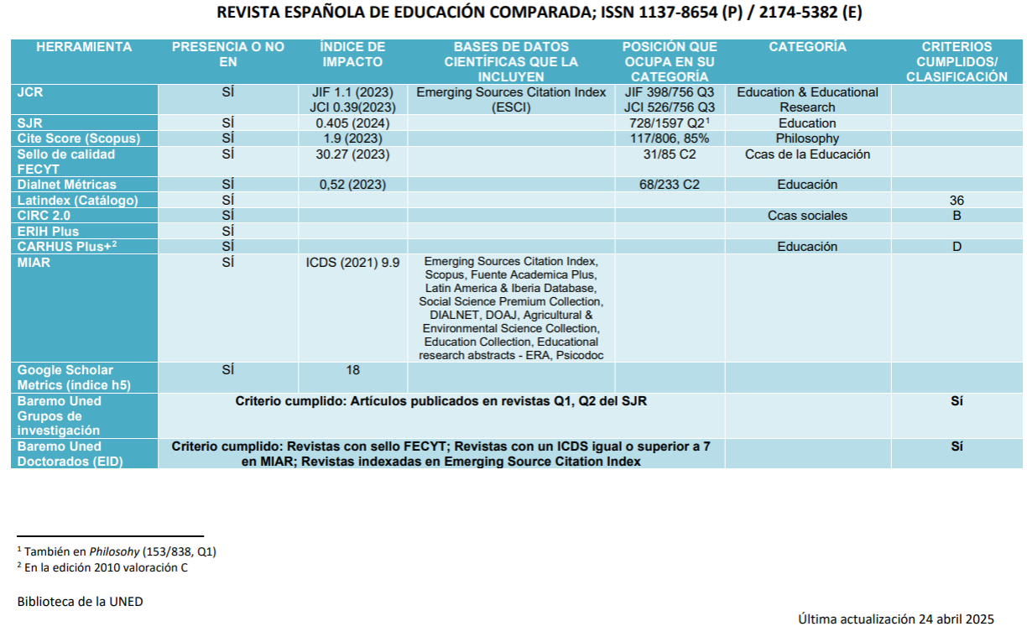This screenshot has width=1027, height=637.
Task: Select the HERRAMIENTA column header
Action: click(x=84, y=48)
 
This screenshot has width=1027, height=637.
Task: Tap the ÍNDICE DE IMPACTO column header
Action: click(x=352, y=55)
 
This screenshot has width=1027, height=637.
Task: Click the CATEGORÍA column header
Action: click(x=807, y=48)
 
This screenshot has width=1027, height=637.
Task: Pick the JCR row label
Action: click(x=31, y=92)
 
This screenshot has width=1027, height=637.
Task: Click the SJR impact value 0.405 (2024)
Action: click(x=352, y=123)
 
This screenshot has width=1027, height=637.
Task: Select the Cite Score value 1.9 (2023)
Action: click(x=352, y=138)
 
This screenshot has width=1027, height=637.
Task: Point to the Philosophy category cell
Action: click(x=807, y=138)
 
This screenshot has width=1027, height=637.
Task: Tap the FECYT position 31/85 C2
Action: click(x=669, y=154)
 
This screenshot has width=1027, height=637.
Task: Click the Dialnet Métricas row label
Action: click(x=67, y=185)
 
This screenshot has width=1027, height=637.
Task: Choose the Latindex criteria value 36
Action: click(x=957, y=201)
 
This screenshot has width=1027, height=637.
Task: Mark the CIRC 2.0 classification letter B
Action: click(x=957, y=216)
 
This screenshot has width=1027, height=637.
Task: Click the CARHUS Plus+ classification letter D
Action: click(x=957, y=247)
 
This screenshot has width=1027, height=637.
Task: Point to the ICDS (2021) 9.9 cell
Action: click(x=352, y=263)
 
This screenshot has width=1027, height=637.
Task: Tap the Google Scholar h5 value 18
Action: click(x=352, y=370)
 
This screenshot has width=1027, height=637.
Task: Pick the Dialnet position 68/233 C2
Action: click(x=669, y=185)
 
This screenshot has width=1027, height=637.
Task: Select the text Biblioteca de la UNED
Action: click(x=80, y=602)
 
